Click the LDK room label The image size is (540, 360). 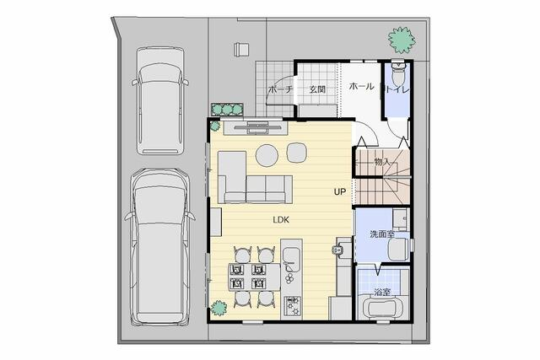point(281,219)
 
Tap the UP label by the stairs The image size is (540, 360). point(339,191)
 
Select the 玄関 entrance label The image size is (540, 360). point(317,89)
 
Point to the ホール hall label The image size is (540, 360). point(362,86)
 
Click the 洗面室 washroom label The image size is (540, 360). point(382,234)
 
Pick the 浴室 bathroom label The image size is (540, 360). point(382,293)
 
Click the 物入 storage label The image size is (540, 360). point(383,161)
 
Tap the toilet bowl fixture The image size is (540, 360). point(398,73)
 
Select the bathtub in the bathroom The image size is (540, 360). point(385,308)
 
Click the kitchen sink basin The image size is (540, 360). point(292,255)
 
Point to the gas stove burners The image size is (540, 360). point(292,306)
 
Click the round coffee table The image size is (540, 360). point(267,155)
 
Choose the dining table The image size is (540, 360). point(255,277)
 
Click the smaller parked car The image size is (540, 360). point(160,101)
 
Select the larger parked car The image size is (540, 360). point(159,247)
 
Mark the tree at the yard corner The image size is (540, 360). point(402,40)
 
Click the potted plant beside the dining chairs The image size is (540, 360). point(219,308)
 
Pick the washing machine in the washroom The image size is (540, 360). point(398,250)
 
